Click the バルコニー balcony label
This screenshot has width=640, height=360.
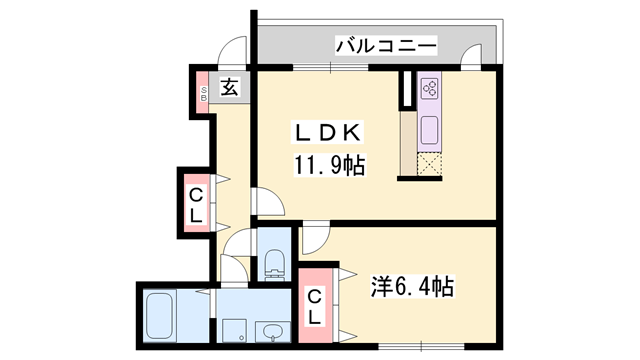pyautogui.click(x=386, y=45)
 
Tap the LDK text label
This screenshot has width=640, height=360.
pyautogui.click(x=327, y=133)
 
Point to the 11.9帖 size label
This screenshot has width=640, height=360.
pyautogui.click(x=329, y=165)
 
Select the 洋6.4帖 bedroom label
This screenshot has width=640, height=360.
pyautogui.click(x=412, y=286)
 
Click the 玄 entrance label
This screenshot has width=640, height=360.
pyautogui.click(x=230, y=87)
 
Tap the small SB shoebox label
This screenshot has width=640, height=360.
pyautogui.click(x=203, y=94)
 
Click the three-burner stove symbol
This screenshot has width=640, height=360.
pyautogui.click(x=430, y=88)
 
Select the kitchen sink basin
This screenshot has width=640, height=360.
pyautogui.click(x=429, y=130)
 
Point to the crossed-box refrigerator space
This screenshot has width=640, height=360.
pyautogui.click(x=429, y=164)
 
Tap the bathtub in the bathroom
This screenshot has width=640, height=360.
pyautogui.click(x=160, y=315)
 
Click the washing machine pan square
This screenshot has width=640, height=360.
pyautogui.click(x=234, y=331)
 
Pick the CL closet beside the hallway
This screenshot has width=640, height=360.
pyautogui.click(x=196, y=203)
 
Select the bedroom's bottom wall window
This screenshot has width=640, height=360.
pyautogui.click(x=421, y=347)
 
